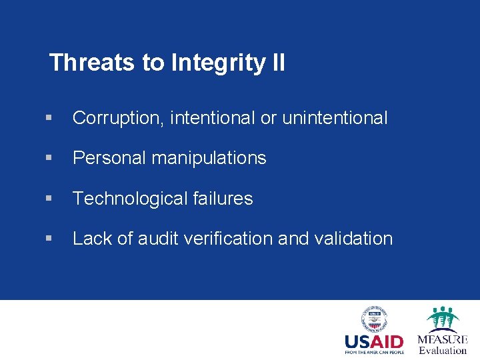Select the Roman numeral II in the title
tap(277, 63)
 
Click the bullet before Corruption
tap(49, 119)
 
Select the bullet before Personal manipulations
tap(49, 159)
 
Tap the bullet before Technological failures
tap(49, 199)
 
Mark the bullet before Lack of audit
tap(49, 239)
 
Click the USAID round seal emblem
tap(375, 319)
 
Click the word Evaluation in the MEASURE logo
tap(443, 350)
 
